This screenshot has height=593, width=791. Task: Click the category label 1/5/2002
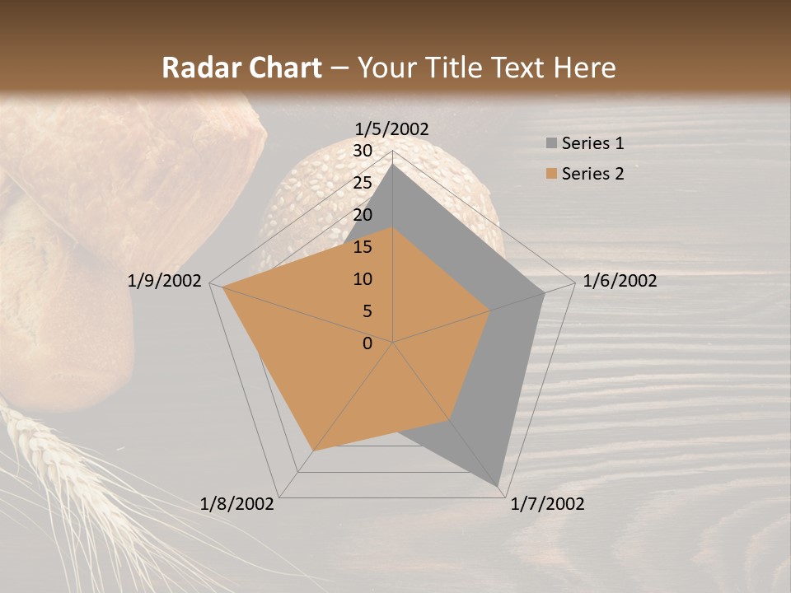[x=392, y=129]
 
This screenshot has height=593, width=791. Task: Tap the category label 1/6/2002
[x=620, y=281]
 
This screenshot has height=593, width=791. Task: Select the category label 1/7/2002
[x=547, y=504]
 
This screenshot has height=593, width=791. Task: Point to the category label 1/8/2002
[x=237, y=504]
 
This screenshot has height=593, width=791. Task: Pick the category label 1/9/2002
[x=165, y=281]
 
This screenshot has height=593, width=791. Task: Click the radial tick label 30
[x=363, y=151]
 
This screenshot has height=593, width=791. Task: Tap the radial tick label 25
[x=363, y=183]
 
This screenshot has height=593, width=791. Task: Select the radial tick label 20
[x=363, y=215]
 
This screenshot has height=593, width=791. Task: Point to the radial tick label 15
[x=363, y=247]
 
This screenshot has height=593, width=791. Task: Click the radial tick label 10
[x=363, y=279]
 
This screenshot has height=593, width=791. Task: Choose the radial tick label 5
[x=367, y=311]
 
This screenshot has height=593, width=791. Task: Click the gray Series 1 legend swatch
[x=551, y=143]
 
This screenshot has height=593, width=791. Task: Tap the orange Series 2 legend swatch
[x=551, y=174]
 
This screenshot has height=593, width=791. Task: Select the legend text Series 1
[x=592, y=143]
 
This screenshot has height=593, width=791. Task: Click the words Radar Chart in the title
[x=241, y=68]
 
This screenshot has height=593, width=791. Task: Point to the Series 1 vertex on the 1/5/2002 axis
[x=393, y=164]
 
